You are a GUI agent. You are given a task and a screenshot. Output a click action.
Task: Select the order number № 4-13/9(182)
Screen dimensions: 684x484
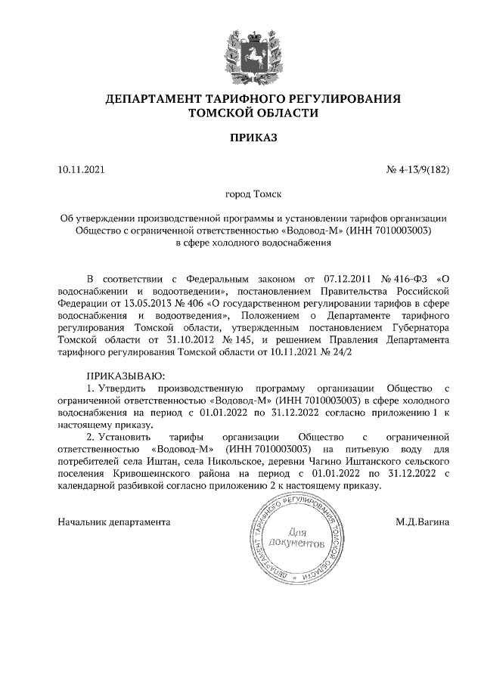[418, 169]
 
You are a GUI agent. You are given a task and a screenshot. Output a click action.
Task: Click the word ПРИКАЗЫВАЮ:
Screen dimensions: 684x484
[126, 374]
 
